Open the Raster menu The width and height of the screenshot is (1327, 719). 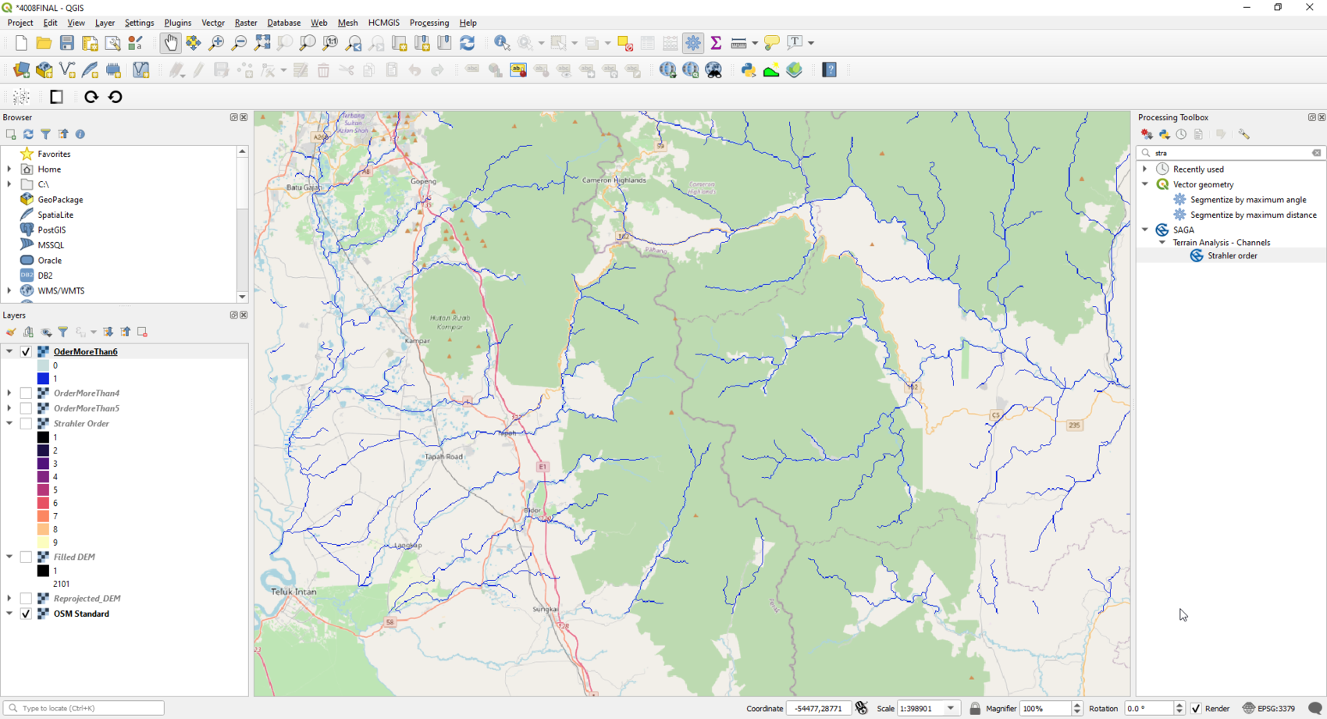coord(245,23)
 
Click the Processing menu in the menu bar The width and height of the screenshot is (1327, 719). coord(429,23)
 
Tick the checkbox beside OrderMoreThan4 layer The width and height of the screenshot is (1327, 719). coord(27,393)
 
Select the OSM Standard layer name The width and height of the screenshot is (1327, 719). coord(81,614)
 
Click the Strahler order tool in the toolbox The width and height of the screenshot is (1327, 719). coord(1232,256)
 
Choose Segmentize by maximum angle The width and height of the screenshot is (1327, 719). coord(1247,200)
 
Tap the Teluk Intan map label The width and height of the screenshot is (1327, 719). coord(294,592)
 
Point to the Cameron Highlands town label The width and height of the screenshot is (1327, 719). coord(614,180)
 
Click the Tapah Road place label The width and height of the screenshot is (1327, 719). coord(443,457)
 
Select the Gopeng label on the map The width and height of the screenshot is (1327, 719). coord(424,181)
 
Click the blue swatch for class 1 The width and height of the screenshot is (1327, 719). coord(43,379)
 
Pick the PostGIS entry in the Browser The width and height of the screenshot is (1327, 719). coord(52,230)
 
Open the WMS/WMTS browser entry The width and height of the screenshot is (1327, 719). coord(61,291)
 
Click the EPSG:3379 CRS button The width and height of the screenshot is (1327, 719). coord(1269,709)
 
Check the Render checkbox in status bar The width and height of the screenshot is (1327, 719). coord(1196,709)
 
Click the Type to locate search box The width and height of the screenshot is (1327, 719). coord(86,708)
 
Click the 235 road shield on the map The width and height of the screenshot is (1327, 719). coord(1074,425)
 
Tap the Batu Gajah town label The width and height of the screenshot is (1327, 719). coord(304,187)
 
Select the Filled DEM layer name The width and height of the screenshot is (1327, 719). coord(74,557)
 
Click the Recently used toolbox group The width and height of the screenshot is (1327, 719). coord(1198,169)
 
